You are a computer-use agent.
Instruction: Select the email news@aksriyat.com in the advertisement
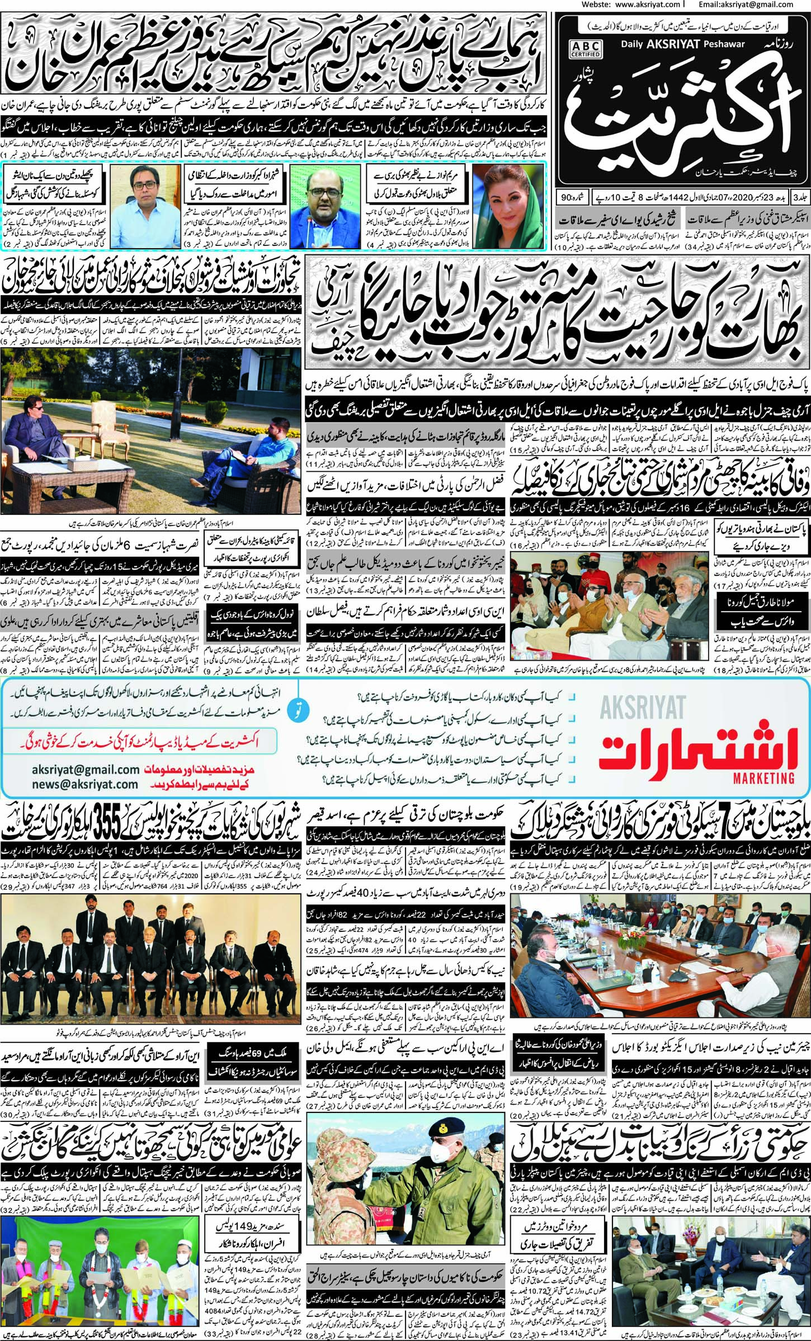tap(85, 784)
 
